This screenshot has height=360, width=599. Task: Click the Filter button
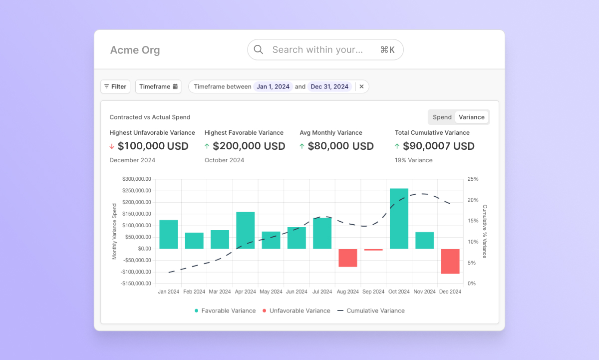click(x=115, y=87)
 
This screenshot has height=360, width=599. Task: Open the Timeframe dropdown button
click(x=158, y=87)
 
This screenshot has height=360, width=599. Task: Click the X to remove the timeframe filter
click(x=362, y=87)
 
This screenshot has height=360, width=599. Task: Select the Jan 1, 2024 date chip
click(x=273, y=87)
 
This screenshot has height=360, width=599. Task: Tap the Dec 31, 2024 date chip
click(x=329, y=87)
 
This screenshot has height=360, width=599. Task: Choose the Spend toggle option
click(x=442, y=117)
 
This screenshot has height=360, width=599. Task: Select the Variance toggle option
click(x=472, y=117)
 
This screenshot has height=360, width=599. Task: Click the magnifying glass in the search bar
click(x=259, y=49)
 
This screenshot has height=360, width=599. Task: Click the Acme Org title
click(x=135, y=50)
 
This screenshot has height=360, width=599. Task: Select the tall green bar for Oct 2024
click(x=399, y=219)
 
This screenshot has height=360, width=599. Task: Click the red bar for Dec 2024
click(x=450, y=261)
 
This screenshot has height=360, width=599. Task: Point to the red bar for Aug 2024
click(x=348, y=258)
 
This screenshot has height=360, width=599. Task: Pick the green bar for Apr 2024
click(x=246, y=230)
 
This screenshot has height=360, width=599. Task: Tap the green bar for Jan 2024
click(x=169, y=234)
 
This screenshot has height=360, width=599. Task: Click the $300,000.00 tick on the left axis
click(x=136, y=179)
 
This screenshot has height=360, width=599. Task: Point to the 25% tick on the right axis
click(x=473, y=179)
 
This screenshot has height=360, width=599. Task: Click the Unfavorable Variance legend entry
click(x=296, y=311)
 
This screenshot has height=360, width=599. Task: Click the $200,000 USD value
click(x=249, y=146)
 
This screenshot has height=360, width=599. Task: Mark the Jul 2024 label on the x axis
click(x=322, y=292)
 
